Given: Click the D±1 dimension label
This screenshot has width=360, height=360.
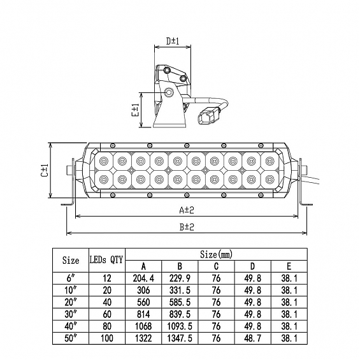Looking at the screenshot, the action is (173, 41).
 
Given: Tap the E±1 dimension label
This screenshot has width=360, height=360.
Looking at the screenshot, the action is (136, 110).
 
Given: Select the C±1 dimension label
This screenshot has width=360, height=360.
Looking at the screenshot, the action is (45, 170).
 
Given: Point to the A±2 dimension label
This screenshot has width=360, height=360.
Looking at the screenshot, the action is (187, 210).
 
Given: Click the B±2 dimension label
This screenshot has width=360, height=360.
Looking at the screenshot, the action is (187, 227).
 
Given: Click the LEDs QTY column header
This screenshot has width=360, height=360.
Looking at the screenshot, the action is (106, 260).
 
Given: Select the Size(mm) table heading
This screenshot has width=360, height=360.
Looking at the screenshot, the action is (216, 254).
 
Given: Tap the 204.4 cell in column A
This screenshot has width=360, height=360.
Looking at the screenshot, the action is (143, 278).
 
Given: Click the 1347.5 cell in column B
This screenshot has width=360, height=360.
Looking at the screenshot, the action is (180, 338).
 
